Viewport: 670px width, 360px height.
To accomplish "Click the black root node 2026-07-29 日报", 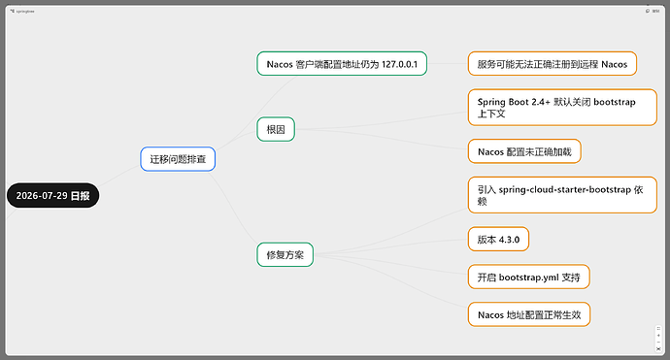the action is point(53,196).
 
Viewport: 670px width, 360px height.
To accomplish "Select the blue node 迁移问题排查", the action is point(178,159).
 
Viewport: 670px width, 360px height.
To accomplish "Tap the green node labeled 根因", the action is point(276,129).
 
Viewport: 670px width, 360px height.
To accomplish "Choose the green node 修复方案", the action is point(285,254).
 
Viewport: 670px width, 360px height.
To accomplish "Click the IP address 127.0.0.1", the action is point(399,64).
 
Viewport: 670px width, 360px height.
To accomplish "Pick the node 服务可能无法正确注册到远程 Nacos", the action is point(553,64).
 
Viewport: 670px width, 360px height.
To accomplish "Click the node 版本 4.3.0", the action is point(498,239).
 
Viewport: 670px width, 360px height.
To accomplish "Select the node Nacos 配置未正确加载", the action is point(524,151).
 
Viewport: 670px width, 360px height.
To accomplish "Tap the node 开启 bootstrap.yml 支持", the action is point(528,277).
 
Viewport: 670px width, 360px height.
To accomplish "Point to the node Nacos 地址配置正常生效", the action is point(529,314).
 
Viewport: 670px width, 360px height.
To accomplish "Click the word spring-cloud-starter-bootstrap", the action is point(565,189).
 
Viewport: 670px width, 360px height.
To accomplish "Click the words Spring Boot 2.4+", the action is point(514,102).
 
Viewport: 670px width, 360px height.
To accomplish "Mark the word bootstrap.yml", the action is point(528,278).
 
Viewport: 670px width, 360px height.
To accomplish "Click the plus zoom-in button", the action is point(658,335).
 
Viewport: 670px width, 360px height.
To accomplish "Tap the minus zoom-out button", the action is point(658,343).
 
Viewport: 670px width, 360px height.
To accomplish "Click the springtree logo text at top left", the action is point(22,11).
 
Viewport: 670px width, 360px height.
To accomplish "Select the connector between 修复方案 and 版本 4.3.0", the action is point(391,245).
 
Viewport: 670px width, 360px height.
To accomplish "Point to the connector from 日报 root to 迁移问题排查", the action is point(119,176).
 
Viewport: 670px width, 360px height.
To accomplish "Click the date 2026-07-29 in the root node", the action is point(42,196).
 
